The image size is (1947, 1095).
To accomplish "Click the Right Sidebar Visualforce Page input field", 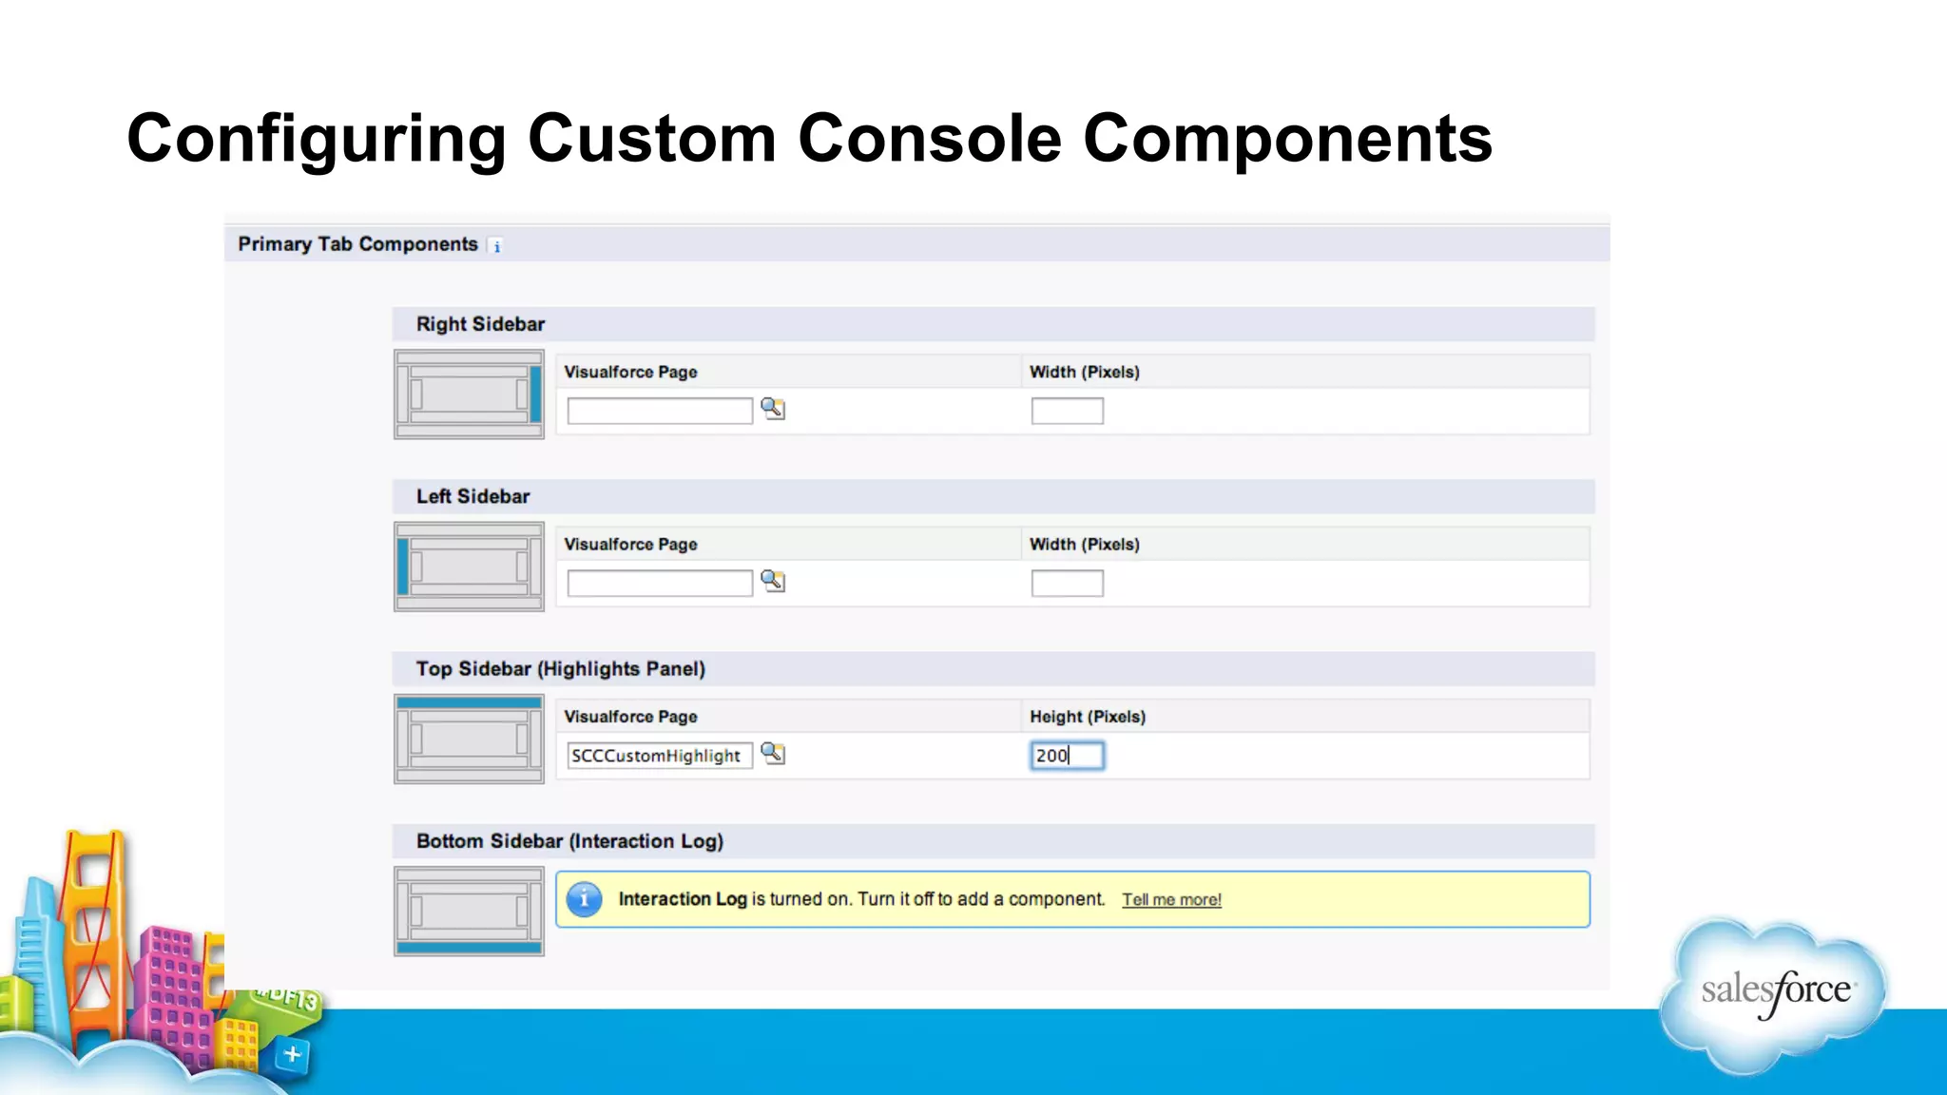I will click(659, 411).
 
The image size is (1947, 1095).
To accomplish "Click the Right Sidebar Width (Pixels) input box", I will click(1067, 411).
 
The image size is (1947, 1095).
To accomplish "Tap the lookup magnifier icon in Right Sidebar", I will click(773, 409).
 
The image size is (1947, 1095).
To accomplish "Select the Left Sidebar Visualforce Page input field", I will click(659, 583).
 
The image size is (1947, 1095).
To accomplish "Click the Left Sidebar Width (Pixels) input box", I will click(1067, 583).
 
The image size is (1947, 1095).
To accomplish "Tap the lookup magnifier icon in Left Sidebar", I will click(773, 581).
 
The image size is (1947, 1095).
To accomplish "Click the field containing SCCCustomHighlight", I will click(659, 756).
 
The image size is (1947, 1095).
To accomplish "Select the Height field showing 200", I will click(1067, 756).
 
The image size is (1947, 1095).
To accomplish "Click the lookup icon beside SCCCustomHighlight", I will click(773, 754).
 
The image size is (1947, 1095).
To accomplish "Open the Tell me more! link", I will click(1171, 900).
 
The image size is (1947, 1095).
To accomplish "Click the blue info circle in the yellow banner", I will click(584, 899).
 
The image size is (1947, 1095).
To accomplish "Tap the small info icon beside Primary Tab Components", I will click(496, 246).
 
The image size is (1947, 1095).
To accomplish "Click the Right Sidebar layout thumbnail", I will click(469, 394).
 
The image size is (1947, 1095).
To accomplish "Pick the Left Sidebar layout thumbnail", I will click(469, 567).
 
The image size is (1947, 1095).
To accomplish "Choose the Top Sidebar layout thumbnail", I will click(469, 739).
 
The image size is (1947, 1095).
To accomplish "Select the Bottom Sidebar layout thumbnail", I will click(469, 911).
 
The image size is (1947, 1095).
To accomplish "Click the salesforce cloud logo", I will click(1774, 992).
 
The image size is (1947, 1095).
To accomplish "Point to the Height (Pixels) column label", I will click(1088, 717).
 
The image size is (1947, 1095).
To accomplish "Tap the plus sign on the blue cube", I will click(293, 1054).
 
